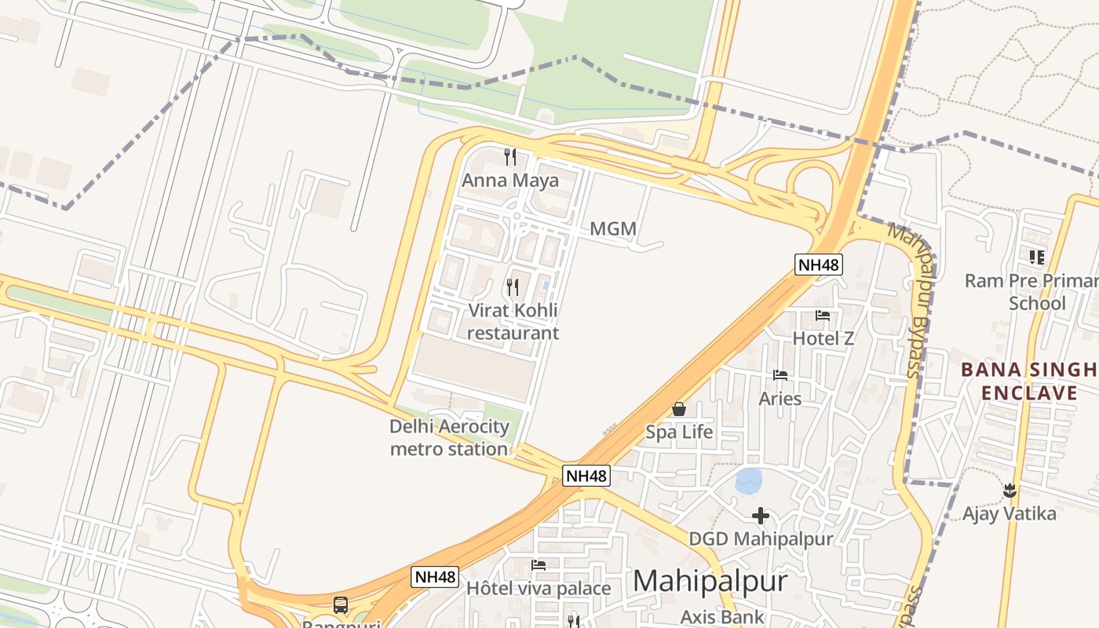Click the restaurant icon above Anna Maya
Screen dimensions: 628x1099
click(511, 157)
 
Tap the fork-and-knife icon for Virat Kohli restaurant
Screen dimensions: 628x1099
click(513, 287)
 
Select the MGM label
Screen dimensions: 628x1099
click(613, 229)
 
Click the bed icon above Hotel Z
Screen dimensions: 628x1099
click(823, 316)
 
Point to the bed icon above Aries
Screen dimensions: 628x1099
click(780, 375)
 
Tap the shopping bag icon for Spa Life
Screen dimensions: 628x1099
click(679, 409)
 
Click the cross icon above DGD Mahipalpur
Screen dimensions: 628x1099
click(760, 516)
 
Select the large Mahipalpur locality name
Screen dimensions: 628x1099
click(710, 581)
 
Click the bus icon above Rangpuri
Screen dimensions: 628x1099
click(341, 605)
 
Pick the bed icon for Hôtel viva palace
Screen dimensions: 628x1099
click(539, 565)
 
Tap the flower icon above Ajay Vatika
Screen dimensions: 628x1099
click(1010, 491)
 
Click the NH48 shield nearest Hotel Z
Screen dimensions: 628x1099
click(819, 265)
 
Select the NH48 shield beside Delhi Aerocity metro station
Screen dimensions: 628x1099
click(586, 476)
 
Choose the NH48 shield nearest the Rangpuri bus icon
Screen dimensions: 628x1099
click(434, 577)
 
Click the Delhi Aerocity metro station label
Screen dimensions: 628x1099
click(449, 438)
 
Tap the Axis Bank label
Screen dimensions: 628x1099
click(722, 617)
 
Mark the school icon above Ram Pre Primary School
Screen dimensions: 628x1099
click(1037, 257)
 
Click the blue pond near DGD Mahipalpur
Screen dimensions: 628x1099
click(748, 480)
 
